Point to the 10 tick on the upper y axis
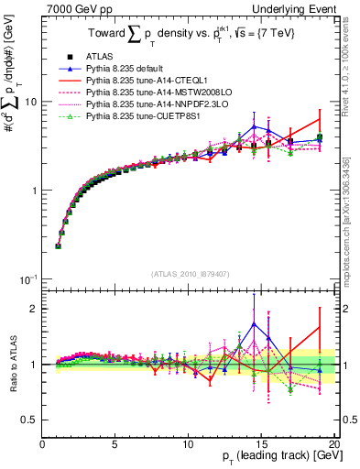pyautogui.click(x=29, y=102)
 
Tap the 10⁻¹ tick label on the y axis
pyautogui.click(x=28, y=278)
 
